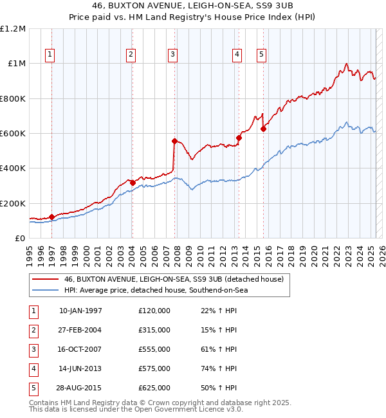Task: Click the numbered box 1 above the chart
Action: (x=50, y=55)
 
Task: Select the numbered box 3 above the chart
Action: (x=173, y=55)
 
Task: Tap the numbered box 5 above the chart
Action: (x=262, y=55)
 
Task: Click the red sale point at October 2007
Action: (x=174, y=141)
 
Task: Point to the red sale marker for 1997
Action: (x=51, y=217)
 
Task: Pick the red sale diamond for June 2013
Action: (x=239, y=138)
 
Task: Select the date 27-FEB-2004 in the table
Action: (x=80, y=330)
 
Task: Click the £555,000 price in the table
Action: (x=154, y=349)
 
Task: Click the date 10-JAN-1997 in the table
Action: (x=80, y=311)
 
